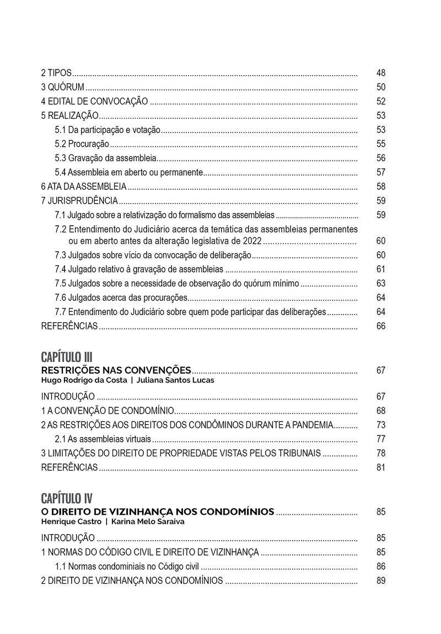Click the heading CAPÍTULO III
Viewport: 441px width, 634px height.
(x=67, y=355)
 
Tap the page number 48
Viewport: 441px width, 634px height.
(x=381, y=73)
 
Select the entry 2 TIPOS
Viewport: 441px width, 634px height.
(x=57, y=73)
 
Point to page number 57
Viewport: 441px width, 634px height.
(x=381, y=172)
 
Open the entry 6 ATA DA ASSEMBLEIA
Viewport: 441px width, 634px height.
(x=84, y=187)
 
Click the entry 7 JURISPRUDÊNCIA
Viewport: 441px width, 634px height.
(x=79, y=201)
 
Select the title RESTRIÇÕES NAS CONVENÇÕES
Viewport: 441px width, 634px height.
(x=116, y=370)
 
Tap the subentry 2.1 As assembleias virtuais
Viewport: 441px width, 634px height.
(x=103, y=439)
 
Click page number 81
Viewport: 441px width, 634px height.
(x=381, y=468)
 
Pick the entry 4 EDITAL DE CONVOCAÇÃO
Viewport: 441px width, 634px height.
(x=94, y=102)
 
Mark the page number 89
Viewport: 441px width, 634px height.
(x=381, y=580)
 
